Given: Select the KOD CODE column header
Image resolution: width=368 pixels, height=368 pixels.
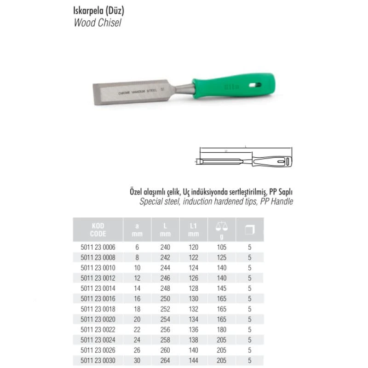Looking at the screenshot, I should point(97,230).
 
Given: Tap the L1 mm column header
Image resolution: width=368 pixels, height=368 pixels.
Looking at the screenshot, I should point(194,230).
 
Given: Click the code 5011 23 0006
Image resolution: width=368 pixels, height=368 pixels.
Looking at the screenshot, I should point(97,247).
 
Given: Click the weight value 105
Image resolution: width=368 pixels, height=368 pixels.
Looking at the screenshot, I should point(221,247).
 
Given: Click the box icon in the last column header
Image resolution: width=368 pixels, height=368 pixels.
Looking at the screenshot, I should point(250,229).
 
